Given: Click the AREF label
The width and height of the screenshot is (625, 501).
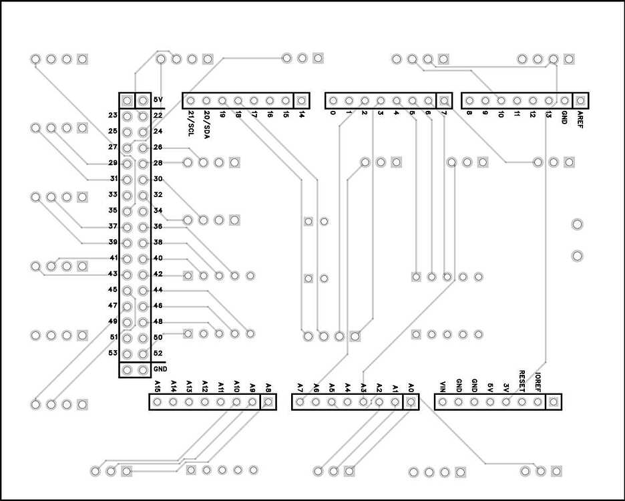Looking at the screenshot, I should (580, 120).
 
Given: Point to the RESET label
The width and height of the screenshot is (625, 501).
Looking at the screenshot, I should (522, 381).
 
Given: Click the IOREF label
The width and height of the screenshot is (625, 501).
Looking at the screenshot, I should (538, 383).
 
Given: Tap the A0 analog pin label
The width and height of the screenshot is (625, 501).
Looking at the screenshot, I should (411, 387).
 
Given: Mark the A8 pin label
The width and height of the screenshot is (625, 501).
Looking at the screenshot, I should (268, 387).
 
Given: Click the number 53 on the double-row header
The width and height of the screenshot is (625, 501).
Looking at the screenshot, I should (113, 353).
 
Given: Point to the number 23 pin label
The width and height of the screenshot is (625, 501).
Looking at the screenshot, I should (113, 116).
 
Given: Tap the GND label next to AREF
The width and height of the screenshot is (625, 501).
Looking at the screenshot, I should (565, 118).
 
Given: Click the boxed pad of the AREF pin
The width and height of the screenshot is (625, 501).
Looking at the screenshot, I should (580, 101).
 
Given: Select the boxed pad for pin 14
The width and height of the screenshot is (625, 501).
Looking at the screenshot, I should (302, 101).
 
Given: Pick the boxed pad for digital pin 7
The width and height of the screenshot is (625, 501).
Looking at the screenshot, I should (444, 101).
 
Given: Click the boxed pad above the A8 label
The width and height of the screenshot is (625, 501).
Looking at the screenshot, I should (268, 402).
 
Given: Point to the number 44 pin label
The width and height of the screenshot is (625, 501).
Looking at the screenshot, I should (158, 290).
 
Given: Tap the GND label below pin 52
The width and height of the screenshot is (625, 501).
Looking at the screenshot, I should (160, 369).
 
